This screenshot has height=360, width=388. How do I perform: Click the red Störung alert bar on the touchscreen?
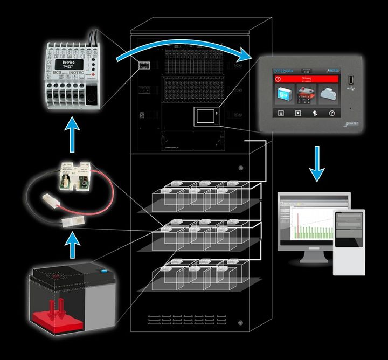(304, 79)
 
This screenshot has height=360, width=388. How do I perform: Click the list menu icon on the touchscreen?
(280, 113)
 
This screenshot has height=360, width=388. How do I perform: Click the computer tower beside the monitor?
(349, 241)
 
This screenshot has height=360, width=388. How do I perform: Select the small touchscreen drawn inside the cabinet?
(205, 116)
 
